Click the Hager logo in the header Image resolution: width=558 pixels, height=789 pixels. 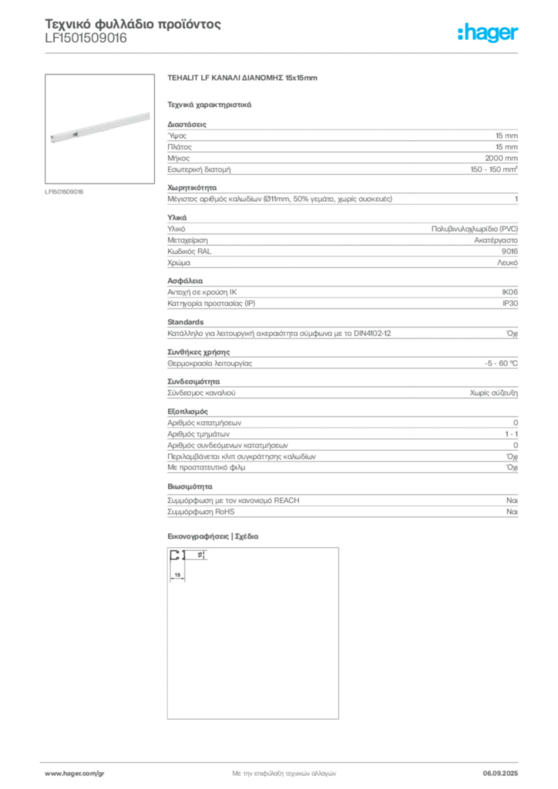pos(487,32)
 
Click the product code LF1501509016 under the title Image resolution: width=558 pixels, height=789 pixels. pos(86,39)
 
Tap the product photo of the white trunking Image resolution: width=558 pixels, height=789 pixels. pos(100,129)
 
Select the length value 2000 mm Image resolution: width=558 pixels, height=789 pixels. pos(501,158)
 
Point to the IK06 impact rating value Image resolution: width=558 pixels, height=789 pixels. pos(509,292)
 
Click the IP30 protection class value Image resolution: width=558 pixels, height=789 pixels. pos(510,304)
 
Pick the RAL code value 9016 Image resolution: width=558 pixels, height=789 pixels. pos(509,251)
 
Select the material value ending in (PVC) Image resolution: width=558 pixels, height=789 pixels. pos(475,229)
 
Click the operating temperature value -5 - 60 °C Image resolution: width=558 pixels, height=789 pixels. pos(501,364)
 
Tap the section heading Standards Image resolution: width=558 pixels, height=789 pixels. pos(186,322)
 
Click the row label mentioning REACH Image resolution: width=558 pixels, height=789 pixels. pos(233,501)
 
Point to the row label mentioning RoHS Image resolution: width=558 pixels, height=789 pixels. pos(200,512)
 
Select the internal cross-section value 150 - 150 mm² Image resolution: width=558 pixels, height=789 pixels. pos(494,170)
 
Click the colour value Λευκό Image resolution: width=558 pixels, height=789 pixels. pos(507,263)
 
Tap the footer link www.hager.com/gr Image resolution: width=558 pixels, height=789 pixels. pos(75,774)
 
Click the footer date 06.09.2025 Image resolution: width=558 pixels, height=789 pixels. pos(500,774)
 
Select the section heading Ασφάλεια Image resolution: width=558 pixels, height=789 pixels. pos(185,280)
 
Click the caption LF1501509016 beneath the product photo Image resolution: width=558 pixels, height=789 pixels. pos(64,192)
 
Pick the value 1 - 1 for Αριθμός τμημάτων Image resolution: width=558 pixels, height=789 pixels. pos(511,434)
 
